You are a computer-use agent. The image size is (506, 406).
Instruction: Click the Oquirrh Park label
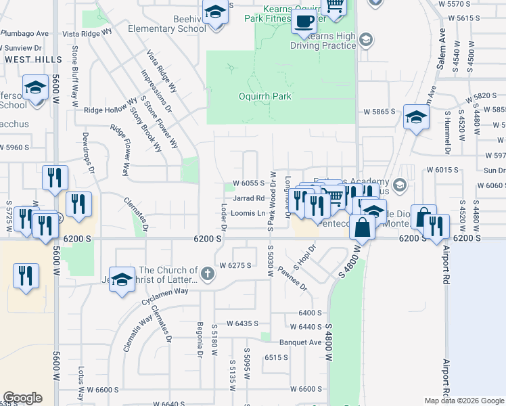[265, 96]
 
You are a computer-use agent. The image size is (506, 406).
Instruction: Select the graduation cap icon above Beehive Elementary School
[215, 13]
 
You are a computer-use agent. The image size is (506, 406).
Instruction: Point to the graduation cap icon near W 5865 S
[416, 116]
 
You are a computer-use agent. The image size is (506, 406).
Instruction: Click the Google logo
[22, 398]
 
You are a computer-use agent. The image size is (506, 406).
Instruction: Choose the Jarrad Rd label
[248, 198]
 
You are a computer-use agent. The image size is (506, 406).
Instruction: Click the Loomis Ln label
[248, 213]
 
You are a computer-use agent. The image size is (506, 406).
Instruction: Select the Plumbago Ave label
[24, 33]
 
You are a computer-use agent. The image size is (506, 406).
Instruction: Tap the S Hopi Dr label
[299, 258]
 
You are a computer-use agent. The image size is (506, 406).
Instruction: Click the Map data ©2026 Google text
[464, 401]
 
